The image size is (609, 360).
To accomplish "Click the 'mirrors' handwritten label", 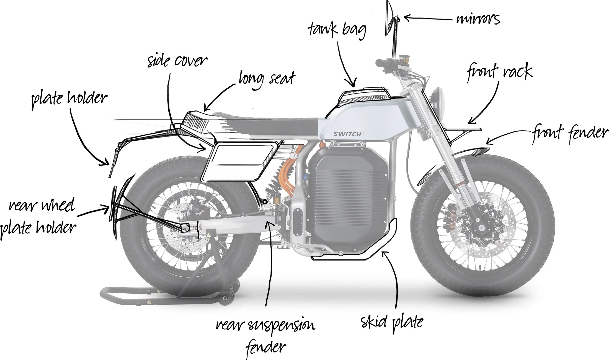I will [x=478, y=19].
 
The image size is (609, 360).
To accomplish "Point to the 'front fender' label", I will [x=569, y=133].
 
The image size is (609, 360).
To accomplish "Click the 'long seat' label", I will [x=267, y=78].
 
